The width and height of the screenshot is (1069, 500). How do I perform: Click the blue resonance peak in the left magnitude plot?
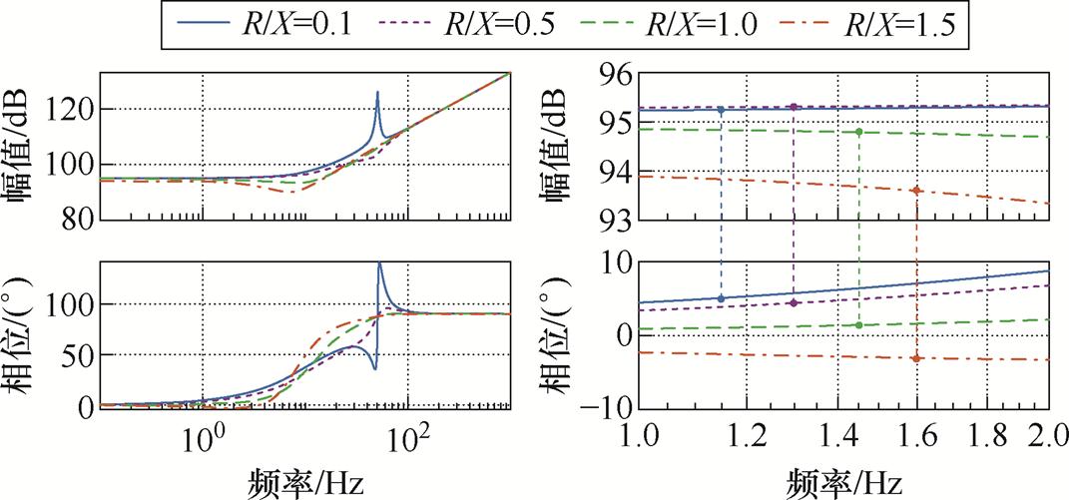click(377, 92)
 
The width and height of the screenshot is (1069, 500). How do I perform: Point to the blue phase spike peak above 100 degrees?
click(379, 264)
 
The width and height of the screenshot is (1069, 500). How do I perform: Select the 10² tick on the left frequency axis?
click(406, 436)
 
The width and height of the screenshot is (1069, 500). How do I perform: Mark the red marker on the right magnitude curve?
click(916, 190)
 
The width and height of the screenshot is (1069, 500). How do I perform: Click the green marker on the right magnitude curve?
click(858, 132)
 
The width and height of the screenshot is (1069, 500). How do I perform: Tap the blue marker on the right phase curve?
click(721, 297)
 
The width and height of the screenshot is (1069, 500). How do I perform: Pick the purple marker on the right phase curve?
click(794, 302)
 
